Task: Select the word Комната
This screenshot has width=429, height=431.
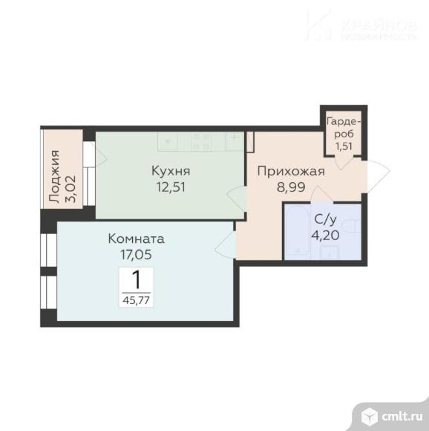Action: (x=136, y=239)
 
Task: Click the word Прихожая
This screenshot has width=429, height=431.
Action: (x=291, y=172)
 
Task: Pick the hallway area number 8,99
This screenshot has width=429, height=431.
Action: (x=291, y=187)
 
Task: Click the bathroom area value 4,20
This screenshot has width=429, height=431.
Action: (x=322, y=235)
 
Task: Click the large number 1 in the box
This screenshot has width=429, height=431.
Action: (x=137, y=280)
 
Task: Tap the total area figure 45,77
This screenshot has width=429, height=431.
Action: (x=137, y=300)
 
